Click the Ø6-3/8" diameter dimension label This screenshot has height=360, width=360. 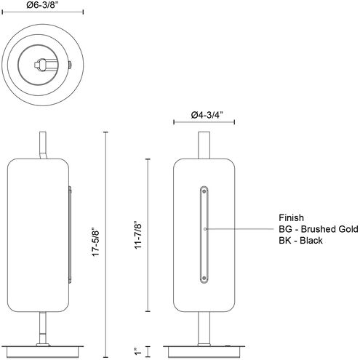[x=43, y=5]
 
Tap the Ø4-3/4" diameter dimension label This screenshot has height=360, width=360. [x=207, y=115]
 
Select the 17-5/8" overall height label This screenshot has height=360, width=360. [x=96, y=241]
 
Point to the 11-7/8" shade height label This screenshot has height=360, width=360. [x=138, y=235]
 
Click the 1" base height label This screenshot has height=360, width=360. [x=138, y=351]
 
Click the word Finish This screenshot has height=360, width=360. [x=291, y=218]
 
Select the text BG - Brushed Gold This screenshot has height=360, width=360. [x=319, y=229]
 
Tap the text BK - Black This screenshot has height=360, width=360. [x=300, y=241]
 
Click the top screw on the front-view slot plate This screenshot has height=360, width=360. [x=204, y=191]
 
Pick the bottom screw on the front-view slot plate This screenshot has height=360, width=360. [x=204, y=278]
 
